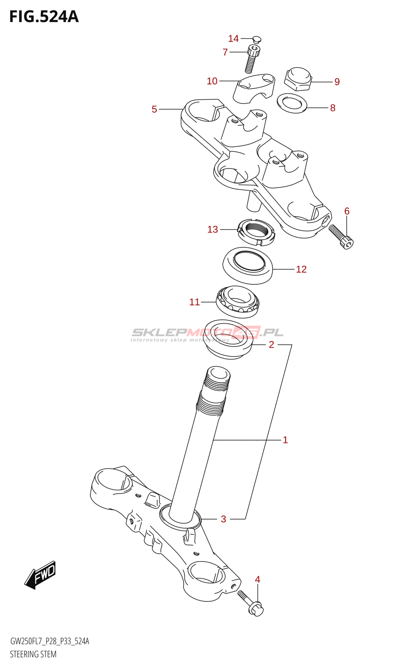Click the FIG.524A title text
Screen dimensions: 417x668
pos(44,17)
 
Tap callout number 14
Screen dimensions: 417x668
pos(233,38)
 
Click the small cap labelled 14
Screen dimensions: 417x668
pos(257,40)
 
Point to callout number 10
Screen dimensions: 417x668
pos(212,81)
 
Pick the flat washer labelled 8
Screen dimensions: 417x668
pos(292,103)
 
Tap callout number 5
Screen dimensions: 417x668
pos(154,109)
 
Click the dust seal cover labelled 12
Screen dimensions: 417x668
pos(248,266)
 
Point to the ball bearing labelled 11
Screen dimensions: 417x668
pos(237,301)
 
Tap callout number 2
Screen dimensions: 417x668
pos(271,344)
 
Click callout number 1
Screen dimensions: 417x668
pos(285,440)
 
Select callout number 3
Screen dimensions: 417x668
pos(224,519)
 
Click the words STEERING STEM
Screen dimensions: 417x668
pos(33,654)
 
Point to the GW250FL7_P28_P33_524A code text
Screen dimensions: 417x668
pos(50,641)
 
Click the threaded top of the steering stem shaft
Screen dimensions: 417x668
pos(216,382)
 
